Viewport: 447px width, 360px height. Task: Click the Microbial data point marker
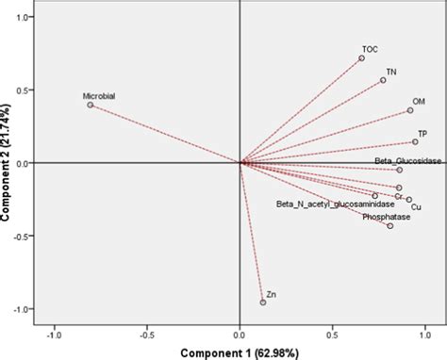coord(91,105)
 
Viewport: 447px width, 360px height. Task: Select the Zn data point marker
coord(263,302)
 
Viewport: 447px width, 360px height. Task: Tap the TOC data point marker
coord(361,58)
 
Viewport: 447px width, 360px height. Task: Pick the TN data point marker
coord(383,80)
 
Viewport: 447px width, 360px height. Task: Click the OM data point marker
coord(410,110)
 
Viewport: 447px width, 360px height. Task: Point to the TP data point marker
coord(415,142)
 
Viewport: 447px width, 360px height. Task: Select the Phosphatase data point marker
coord(390,225)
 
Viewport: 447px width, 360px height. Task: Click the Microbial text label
coord(99,95)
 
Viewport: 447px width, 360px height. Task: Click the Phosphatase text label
coord(385,217)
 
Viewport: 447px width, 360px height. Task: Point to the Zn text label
coord(272,294)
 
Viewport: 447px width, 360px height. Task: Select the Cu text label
coord(416,205)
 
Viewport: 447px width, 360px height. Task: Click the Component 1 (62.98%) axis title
coord(240,352)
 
